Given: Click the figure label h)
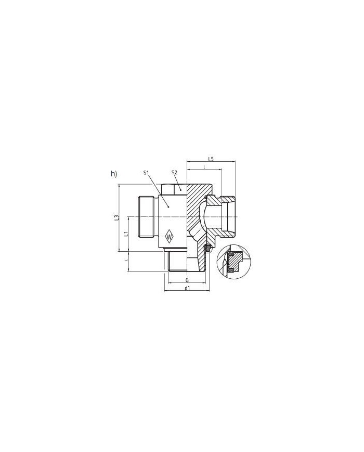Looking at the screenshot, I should point(114,174).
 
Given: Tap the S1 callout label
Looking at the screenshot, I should point(146,172).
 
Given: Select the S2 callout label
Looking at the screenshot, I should point(175,172).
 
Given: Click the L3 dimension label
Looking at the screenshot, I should point(118,218).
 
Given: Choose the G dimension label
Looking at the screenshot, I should point(186,280).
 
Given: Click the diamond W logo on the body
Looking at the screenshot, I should point(170,237).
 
